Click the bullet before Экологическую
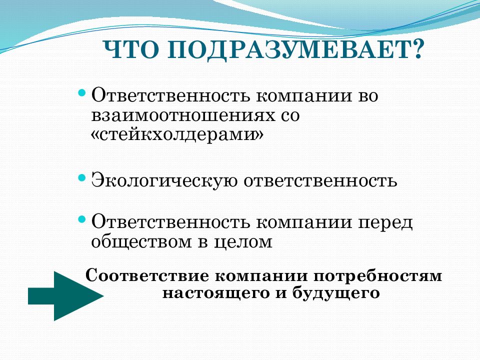click(82, 178)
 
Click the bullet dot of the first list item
click(82, 93)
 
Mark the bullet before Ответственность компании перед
click(82, 219)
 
